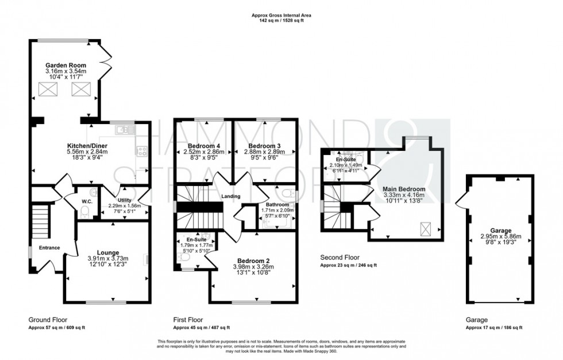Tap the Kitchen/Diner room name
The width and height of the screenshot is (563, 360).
[x=87, y=146]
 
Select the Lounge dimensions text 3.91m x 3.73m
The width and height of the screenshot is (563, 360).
[x=107, y=258]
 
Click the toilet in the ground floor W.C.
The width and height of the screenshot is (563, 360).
[x=84, y=212]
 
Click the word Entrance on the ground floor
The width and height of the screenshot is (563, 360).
[x=49, y=247]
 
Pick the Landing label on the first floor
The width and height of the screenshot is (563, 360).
[x=232, y=196]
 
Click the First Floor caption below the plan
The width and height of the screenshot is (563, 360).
[x=187, y=320]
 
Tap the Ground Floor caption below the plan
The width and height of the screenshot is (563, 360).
[x=45, y=320]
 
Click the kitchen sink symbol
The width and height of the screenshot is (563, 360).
[x=122, y=130]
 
